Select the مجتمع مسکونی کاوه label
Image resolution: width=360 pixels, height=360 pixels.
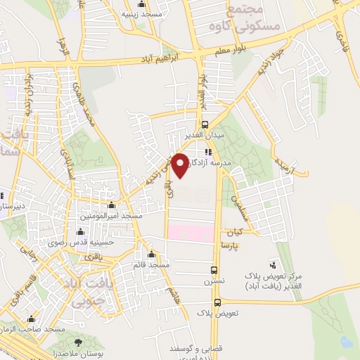(253, 18)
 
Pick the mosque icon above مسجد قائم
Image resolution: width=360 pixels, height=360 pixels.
(151, 255)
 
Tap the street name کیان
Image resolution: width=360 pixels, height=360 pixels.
(234, 232)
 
